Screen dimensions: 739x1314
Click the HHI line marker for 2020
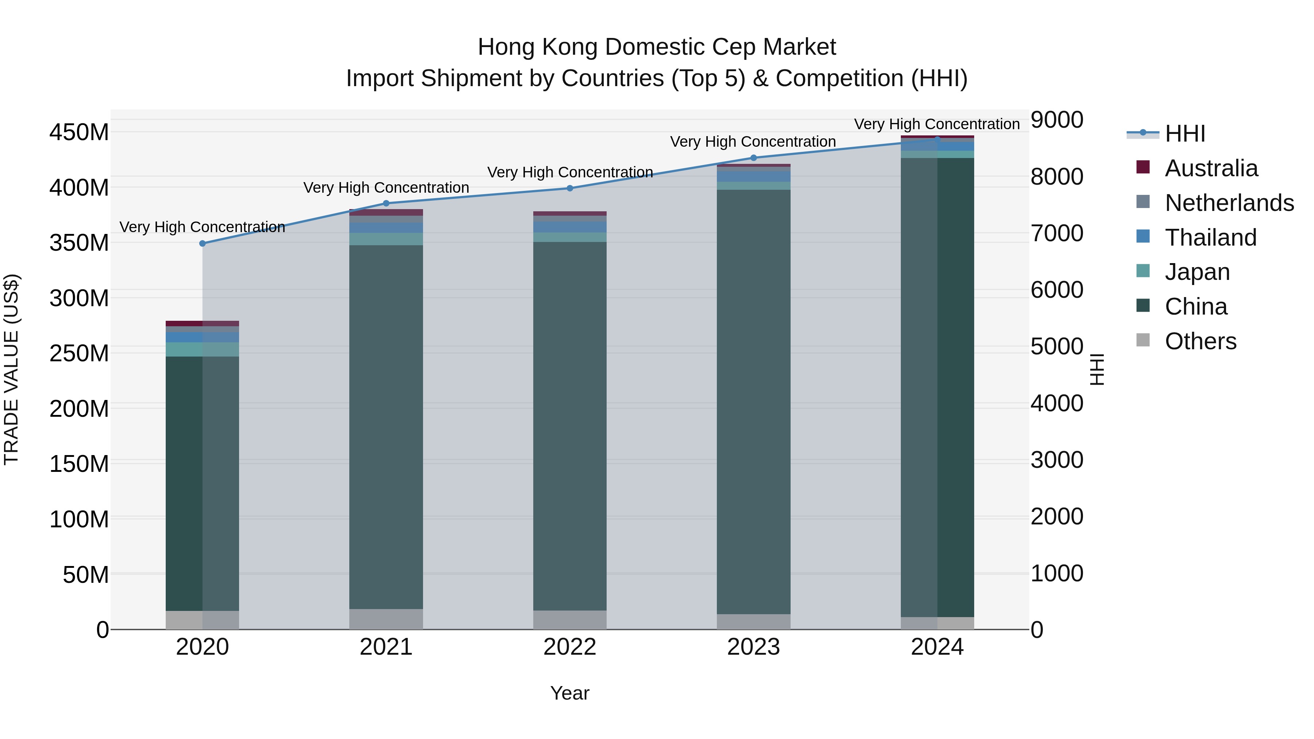(x=203, y=243)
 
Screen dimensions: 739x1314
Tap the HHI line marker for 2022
(x=570, y=188)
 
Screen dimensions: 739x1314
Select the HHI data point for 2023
(x=753, y=158)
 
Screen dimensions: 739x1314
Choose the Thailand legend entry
(x=1210, y=238)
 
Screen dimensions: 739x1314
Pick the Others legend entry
(x=1200, y=341)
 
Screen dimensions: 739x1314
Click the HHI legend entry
(x=1184, y=134)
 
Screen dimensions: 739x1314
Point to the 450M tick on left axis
(x=79, y=132)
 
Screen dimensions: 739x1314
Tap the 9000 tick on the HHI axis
(x=1056, y=120)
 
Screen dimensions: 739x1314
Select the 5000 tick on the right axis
(x=1056, y=347)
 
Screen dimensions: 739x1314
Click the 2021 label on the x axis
(x=386, y=647)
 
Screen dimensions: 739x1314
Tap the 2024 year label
(x=937, y=647)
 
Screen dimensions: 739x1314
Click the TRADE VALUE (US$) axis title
(x=12, y=369)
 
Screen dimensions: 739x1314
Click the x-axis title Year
(x=570, y=693)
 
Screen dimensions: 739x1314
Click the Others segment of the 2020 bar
(x=203, y=620)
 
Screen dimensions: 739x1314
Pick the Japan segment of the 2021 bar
(x=386, y=239)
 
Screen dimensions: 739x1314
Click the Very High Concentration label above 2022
(x=570, y=172)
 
